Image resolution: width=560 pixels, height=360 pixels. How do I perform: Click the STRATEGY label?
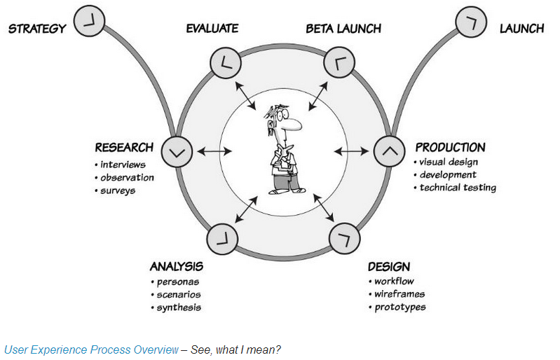(37, 29)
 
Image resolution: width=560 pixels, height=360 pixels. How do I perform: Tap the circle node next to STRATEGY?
(89, 21)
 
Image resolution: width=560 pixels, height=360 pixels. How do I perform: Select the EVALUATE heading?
(212, 29)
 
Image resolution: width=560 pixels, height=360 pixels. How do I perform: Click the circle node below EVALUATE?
(226, 62)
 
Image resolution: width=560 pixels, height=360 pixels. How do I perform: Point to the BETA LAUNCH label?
(343, 29)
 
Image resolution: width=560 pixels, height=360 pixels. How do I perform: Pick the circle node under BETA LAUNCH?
(339, 62)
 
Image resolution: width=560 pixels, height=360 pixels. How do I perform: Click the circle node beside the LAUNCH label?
(471, 22)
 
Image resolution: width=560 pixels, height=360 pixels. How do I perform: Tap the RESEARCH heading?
(124, 147)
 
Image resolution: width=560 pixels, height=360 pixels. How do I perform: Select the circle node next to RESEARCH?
(177, 152)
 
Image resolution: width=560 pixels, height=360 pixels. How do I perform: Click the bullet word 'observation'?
(127, 177)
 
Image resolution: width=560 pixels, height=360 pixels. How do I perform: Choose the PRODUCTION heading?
(450, 147)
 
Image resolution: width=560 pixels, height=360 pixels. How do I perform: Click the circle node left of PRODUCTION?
(389, 151)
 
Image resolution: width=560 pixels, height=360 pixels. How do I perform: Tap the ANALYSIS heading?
(177, 266)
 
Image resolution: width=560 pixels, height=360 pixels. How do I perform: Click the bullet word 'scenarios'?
(179, 294)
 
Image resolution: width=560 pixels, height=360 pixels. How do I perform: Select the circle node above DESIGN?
(344, 238)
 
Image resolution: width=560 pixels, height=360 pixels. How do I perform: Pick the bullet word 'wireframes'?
(399, 294)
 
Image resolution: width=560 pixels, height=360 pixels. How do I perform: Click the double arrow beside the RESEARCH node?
(214, 151)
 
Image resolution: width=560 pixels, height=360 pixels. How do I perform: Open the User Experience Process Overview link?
(91, 349)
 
